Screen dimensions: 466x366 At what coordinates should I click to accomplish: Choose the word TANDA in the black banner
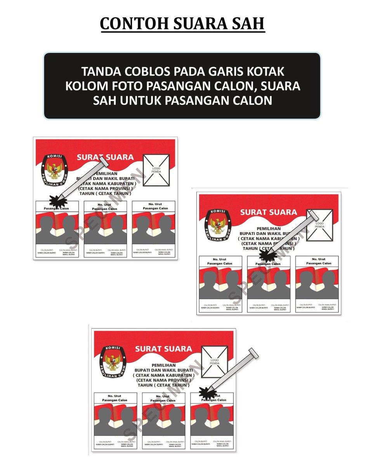click(100, 72)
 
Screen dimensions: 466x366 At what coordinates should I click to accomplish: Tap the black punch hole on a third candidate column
click(206, 392)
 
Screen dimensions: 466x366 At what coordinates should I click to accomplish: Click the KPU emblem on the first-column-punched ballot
click(54, 169)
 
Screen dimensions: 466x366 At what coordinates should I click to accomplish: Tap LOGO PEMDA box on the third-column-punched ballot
click(215, 362)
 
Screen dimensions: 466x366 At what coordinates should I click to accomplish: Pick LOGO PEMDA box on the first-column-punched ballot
click(156, 170)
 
